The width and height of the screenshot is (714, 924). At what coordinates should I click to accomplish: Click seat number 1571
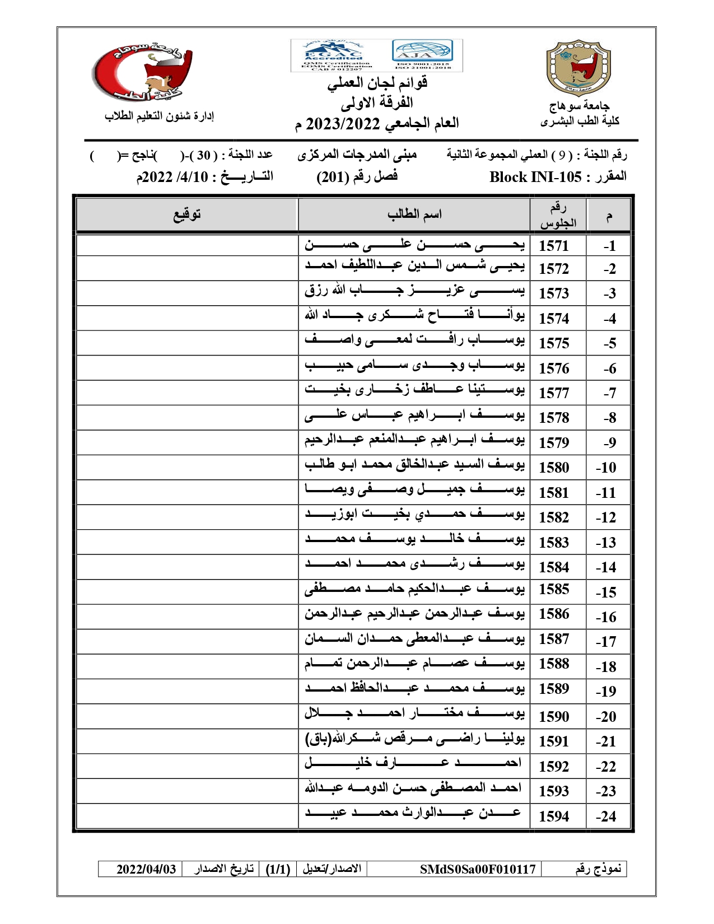(553, 246)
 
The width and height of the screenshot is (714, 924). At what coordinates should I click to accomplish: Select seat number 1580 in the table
(553, 468)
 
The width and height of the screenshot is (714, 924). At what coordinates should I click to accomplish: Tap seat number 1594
(553, 816)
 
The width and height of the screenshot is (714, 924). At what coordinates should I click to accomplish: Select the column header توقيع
(186, 214)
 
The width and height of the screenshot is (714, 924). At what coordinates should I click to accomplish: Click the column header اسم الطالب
(414, 214)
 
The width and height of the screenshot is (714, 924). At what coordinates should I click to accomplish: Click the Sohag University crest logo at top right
(578, 67)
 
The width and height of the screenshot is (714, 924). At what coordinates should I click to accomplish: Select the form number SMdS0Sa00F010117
(478, 869)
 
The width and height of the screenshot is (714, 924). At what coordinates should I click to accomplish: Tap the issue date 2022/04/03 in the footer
(146, 869)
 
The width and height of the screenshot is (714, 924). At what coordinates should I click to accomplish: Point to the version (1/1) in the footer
(278, 869)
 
